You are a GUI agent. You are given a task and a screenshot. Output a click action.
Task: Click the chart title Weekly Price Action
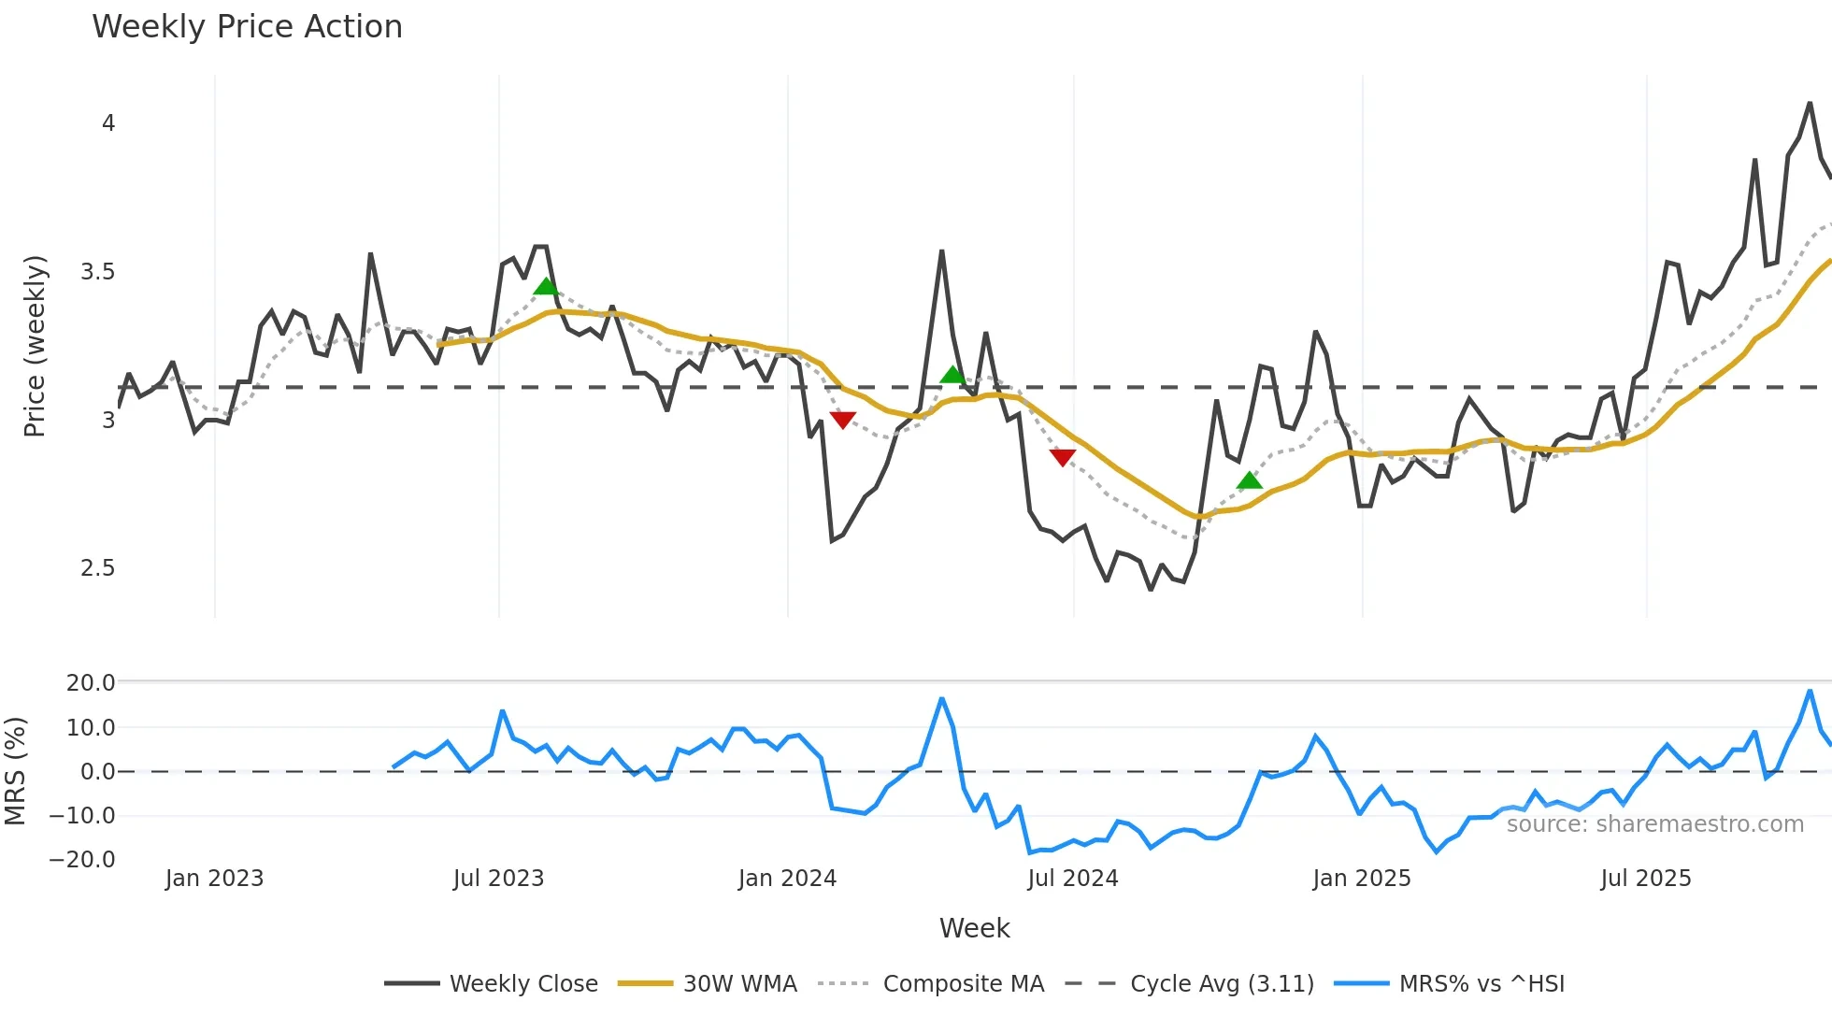247,26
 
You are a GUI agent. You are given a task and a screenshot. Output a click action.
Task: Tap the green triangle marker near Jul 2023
546,286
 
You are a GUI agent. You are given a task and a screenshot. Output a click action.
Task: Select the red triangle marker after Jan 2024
842,420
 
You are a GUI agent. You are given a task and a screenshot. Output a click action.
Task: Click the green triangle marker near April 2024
952,375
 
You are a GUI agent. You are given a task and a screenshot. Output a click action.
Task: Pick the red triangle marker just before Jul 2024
1063,456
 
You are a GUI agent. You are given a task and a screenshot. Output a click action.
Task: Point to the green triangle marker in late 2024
1249,480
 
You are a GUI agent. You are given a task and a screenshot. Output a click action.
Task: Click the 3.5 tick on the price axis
97,272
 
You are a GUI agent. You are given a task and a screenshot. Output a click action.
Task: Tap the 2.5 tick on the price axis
97,568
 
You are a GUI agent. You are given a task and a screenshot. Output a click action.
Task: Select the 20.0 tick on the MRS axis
91,683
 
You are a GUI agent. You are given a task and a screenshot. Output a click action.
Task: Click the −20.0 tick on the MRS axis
83,860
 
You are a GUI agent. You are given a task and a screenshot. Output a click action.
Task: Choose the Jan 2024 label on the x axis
787,879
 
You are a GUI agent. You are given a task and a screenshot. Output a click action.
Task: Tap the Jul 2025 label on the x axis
1646,879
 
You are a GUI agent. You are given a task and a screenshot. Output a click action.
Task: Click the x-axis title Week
974,928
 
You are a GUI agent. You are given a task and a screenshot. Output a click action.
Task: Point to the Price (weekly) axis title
35,346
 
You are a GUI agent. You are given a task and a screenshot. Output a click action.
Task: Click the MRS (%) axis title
15,771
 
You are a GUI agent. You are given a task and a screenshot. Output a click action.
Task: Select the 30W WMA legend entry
739,984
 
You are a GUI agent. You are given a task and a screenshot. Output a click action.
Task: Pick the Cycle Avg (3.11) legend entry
1221,984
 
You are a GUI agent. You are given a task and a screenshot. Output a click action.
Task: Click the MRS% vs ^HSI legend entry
1481,984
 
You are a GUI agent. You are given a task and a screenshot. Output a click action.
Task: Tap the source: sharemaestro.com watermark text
1654,824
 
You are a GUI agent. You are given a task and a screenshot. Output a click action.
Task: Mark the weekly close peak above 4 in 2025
1810,103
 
